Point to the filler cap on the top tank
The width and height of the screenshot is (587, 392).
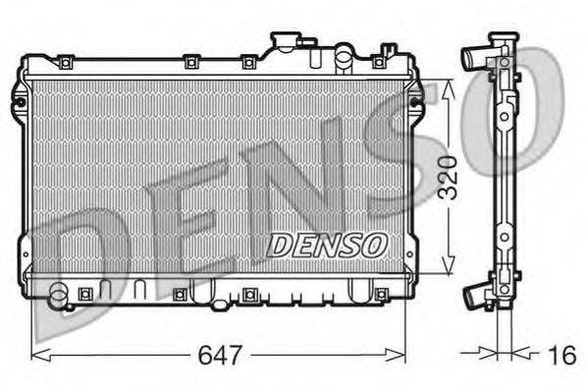point(286,42)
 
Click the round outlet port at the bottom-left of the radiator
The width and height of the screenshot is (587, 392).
point(60,293)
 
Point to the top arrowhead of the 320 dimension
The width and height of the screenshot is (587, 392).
point(448,86)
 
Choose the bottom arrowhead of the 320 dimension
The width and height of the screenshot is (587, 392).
point(448,267)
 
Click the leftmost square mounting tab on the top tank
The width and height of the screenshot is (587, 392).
point(65,64)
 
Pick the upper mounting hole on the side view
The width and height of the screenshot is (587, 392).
point(504,116)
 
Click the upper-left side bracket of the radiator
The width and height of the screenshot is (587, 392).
point(19,97)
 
